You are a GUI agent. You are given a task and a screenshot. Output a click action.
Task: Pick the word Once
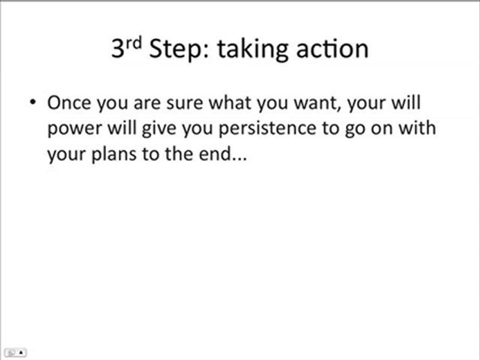tap(69, 103)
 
